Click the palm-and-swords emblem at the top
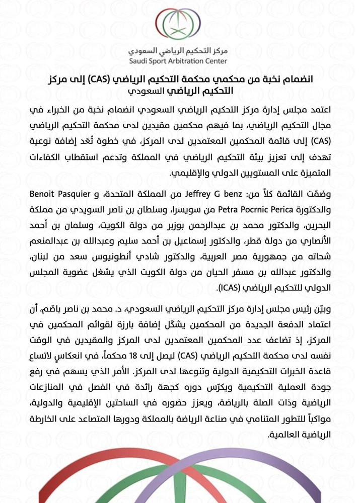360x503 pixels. (x=180, y=26)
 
